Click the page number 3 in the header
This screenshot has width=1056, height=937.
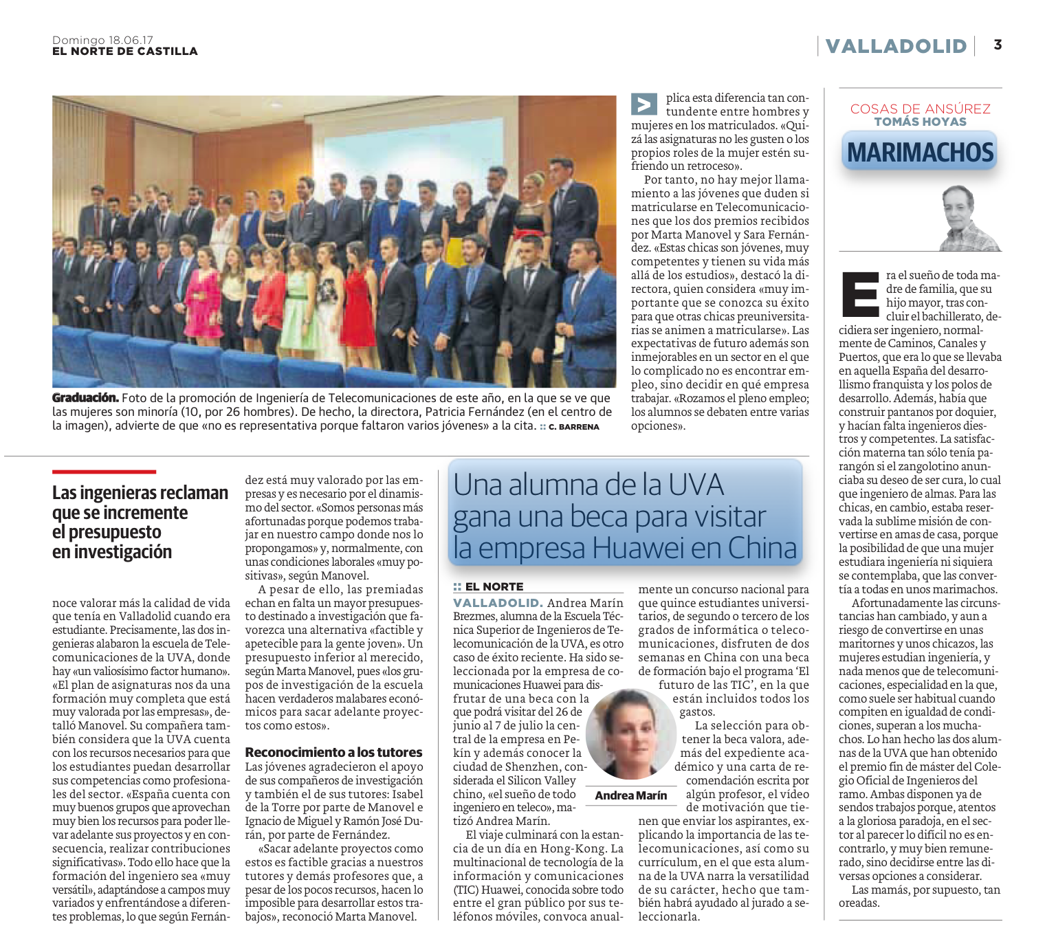(x=998, y=45)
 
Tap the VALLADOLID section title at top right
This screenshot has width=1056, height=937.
(x=896, y=46)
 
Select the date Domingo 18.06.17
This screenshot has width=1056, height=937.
(x=102, y=41)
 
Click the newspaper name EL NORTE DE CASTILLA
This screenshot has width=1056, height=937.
(x=125, y=52)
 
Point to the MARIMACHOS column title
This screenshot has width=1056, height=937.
(x=920, y=152)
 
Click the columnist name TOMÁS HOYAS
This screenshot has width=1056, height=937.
(x=920, y=122)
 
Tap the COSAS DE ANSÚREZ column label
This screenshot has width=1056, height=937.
(x=920, y=109)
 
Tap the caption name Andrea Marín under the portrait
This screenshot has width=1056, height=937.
(x=630, y=795)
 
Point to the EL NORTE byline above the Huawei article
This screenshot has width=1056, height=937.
(x=494, y=586)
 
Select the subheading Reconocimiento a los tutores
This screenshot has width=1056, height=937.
(x=333, y=752)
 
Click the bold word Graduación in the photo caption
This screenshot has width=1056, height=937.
(x=85, y=398)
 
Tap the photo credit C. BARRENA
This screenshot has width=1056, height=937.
(x=573, y=427)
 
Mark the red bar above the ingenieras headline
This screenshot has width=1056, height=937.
(x=104, y=472)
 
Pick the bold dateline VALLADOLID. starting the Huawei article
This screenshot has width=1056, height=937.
(x=498, y=603)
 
